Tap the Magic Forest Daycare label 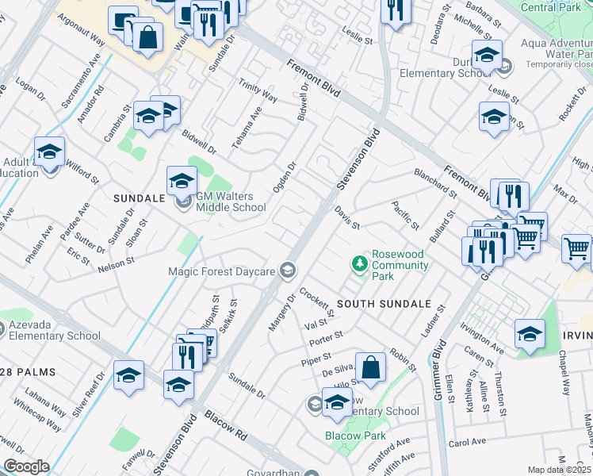click(x=221, y=271)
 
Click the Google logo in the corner click(x=26, y=466)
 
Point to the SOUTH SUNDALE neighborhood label click(x=384, y=304)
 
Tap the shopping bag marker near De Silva click(x=370, y=367)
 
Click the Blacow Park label click(x=354, y=436)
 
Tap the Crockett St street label click(x=318, y=302)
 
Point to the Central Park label click(x=557, y=8)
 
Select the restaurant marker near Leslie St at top click(x=394, y=10)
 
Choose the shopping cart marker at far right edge click(x=576, y=248)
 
